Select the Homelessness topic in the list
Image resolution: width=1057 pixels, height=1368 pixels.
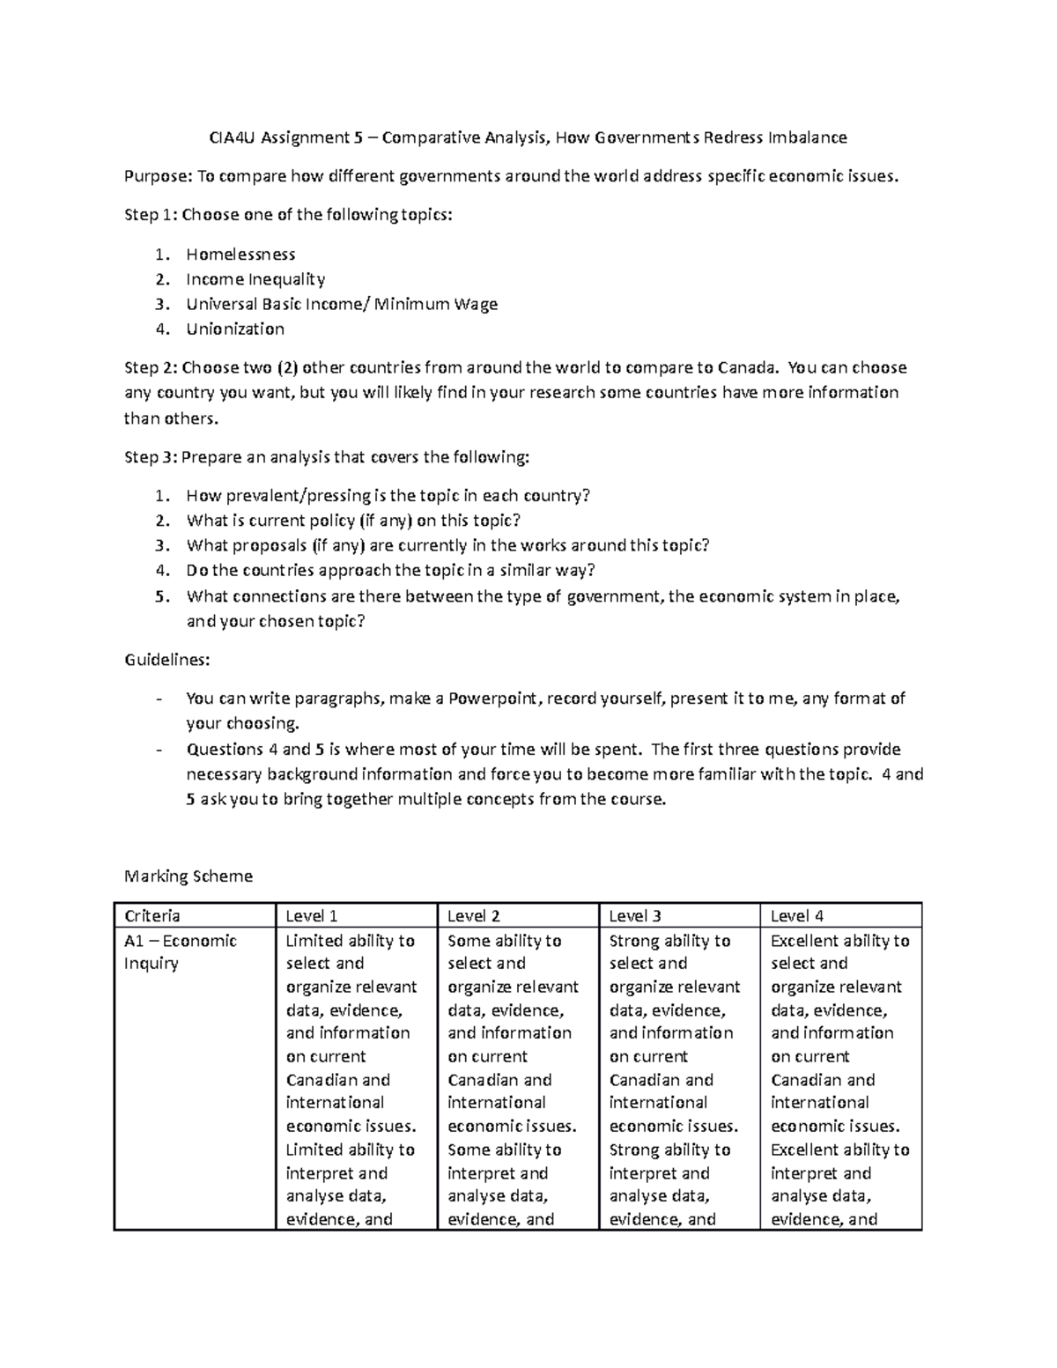pos(240,255)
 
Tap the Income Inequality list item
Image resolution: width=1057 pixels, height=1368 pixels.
pos(255,279)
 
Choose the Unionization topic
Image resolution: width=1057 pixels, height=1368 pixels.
pos(235,329)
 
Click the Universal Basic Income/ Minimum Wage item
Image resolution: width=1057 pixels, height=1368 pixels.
pos(342,304)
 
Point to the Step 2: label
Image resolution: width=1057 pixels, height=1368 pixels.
pos(150,367)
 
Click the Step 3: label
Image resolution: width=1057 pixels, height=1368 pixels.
pos(150,457)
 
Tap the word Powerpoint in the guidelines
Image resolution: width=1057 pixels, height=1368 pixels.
pos(495,699)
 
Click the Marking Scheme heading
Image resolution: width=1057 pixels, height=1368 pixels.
pos(188,876)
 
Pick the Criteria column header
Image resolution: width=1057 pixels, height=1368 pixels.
pos(152,916)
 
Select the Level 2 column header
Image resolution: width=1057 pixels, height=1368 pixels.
pos(474,916)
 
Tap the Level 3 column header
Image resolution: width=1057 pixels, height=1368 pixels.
pos(635,916)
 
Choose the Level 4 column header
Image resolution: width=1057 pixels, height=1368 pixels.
pos(796,916)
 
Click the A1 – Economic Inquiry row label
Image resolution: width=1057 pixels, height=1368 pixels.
pos(181,951)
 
